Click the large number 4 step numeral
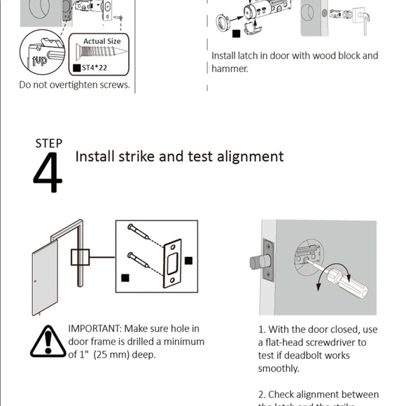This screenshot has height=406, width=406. tap(47, 174)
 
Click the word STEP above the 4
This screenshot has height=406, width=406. tap(48, 143)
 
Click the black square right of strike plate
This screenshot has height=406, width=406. tap(188, 260)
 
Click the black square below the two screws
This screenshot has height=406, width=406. tap(125, 278)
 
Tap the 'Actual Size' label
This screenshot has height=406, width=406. tap(102, 42)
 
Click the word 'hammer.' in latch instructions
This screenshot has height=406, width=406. tap(230, 69)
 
